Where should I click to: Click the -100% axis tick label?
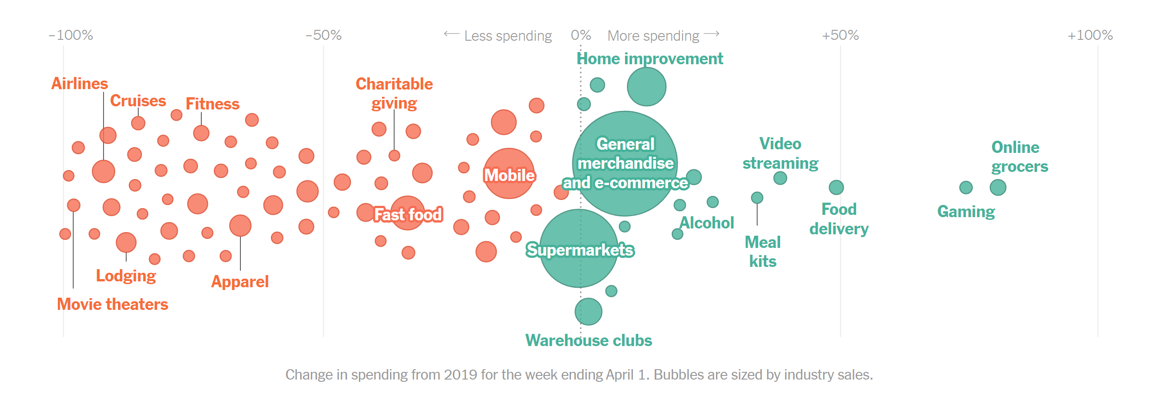71,35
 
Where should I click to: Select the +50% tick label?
840,35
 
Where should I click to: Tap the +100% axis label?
1090,35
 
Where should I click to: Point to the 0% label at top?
580,35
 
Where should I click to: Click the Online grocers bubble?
998,187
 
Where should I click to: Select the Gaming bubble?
966,187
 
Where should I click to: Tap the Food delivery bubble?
836,187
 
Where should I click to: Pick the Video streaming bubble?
780,178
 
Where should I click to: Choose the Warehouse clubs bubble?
589,312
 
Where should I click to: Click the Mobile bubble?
509,174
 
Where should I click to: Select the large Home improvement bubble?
646,86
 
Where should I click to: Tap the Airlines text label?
79,83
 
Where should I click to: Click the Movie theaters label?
113,304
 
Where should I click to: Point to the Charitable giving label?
394,93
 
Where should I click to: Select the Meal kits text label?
762,252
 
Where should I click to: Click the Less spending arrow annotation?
498,36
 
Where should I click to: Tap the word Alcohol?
706,223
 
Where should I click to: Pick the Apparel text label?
240,281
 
